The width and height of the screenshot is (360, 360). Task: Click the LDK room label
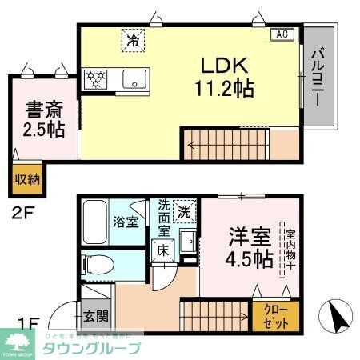click(233, 65)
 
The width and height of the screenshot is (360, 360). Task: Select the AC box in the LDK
click(284, 34)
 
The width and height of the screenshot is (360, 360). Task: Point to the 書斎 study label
click(43, 107)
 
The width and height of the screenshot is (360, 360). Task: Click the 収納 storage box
click(26, 178)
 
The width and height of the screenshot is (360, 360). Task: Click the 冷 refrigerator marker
click(130, 38)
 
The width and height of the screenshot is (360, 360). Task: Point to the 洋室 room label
click(249, 238)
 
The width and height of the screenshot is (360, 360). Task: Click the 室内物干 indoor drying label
click(282, 249)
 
